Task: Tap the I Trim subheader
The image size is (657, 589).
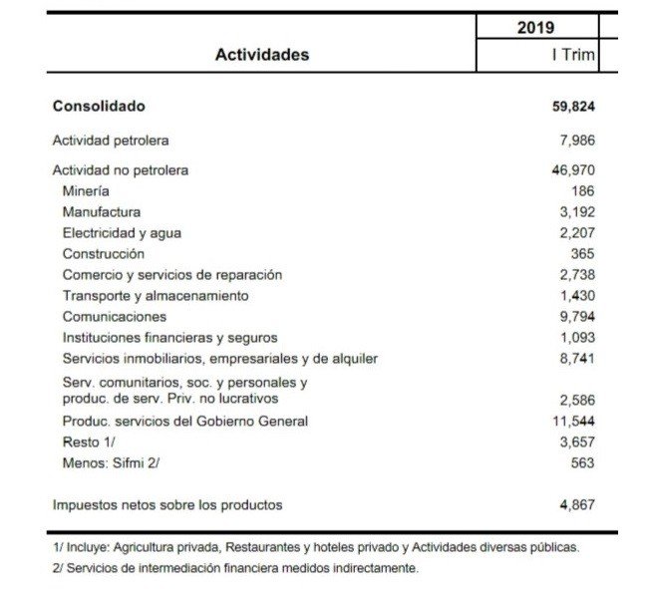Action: pos(573,55)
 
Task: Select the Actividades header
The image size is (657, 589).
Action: pos(262,55)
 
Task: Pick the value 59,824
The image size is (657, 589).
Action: pos(573,107)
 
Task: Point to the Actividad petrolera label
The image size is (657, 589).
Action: pos(111,141)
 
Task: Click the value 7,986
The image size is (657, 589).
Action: pos(578,141)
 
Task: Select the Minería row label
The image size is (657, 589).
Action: pos(86,190)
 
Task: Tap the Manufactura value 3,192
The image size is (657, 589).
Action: pos(578,211)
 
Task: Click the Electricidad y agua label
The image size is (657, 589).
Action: pos(122,232)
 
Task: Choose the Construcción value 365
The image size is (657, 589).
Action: pos(582,253)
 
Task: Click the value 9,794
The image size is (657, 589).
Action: pos(578,316)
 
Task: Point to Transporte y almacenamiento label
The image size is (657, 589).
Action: pos(156,295)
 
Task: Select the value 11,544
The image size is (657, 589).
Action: pos(574,421)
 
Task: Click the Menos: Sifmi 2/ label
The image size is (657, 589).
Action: pos(112,462)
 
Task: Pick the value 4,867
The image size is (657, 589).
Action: pos(578,505)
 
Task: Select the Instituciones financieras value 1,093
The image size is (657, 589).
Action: pos(578,337)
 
